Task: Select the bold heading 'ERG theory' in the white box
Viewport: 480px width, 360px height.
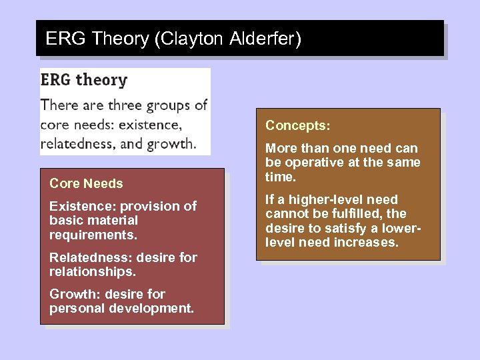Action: pos(84,80)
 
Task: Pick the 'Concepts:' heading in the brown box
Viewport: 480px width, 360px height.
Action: pos(298,126)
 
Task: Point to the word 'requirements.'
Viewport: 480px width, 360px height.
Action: pos(93,235)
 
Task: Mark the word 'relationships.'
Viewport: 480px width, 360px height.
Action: pos(92,272)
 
